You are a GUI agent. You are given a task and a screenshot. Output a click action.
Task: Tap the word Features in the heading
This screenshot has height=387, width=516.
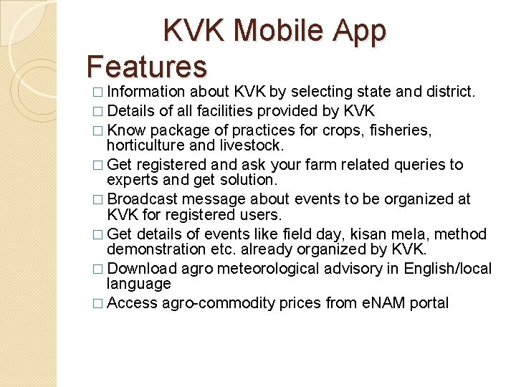click(147, 66)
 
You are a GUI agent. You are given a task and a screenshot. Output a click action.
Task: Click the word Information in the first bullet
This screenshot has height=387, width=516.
click(147, 92)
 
